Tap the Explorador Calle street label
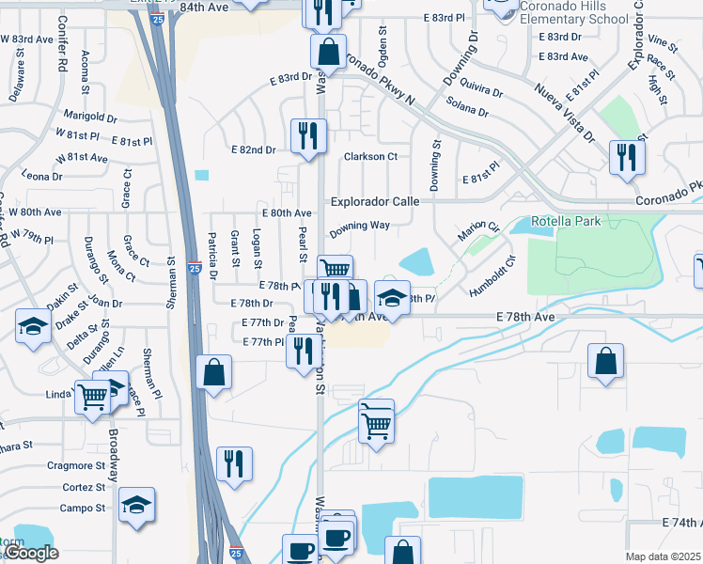coord(374,201)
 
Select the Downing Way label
coord(358,226)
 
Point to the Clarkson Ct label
coord(370,157)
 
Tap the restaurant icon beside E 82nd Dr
coord(307,134)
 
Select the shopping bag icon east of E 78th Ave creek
coord(606,360)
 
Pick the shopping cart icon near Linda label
coord(92,397)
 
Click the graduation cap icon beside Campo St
coord(137,505)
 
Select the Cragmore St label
coord(76,465)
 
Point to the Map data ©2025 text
coord(664,556)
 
